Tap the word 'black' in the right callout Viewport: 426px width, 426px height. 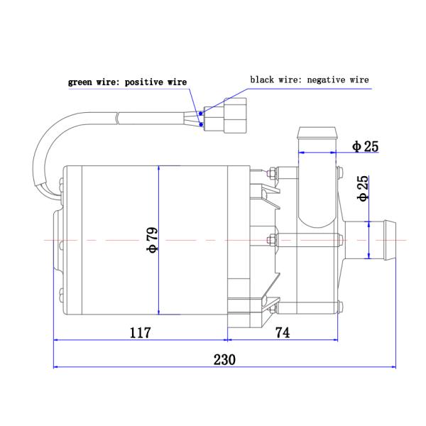click(x=262, y=80)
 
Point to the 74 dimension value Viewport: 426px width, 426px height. click(x=282, y=332)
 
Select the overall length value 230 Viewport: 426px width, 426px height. click(x=224, y=359)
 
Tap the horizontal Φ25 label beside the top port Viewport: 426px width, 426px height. click(x=365, y=147)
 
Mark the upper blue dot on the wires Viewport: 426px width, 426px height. click(x=201, y=111)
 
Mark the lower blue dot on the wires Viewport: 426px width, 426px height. click(x=203, y=126)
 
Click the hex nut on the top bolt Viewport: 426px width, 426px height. click(x=271, y=172)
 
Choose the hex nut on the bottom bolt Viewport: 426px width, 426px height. click(x=271, y=307)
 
